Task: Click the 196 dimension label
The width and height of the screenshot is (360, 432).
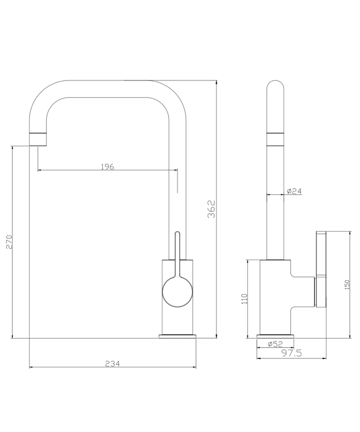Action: (x=107, y=166)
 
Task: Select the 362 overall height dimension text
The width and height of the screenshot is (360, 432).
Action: (x=211, y=209)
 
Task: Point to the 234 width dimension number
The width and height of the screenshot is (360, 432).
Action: (x=112, y=363)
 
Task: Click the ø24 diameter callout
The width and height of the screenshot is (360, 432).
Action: (x=294, y=191)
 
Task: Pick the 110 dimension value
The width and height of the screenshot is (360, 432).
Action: (x=244, y=299)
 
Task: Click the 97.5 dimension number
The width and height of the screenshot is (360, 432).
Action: (x=291, y=353)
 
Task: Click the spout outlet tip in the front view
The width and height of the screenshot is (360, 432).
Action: (x=36, y=140)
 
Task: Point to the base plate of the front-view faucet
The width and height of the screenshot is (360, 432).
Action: (x=178, y=336)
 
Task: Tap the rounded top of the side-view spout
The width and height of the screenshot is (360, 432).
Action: (x=275, y=89)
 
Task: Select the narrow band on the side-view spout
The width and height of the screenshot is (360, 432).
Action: (x=275, y=139)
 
